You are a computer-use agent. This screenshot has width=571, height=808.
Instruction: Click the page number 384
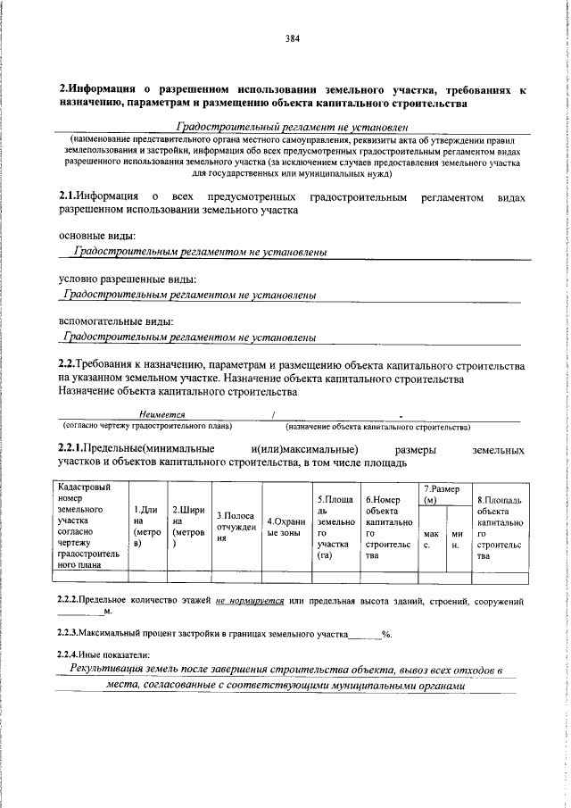coord(292,38)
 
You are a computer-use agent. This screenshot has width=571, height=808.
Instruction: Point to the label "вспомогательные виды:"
coord(115,321)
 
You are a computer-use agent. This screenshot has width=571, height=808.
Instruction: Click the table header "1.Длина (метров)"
coord(145,526)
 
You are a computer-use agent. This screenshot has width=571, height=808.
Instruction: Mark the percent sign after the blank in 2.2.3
coord(386,633)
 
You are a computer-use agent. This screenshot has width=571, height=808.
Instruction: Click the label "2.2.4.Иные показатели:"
coord(108,654)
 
